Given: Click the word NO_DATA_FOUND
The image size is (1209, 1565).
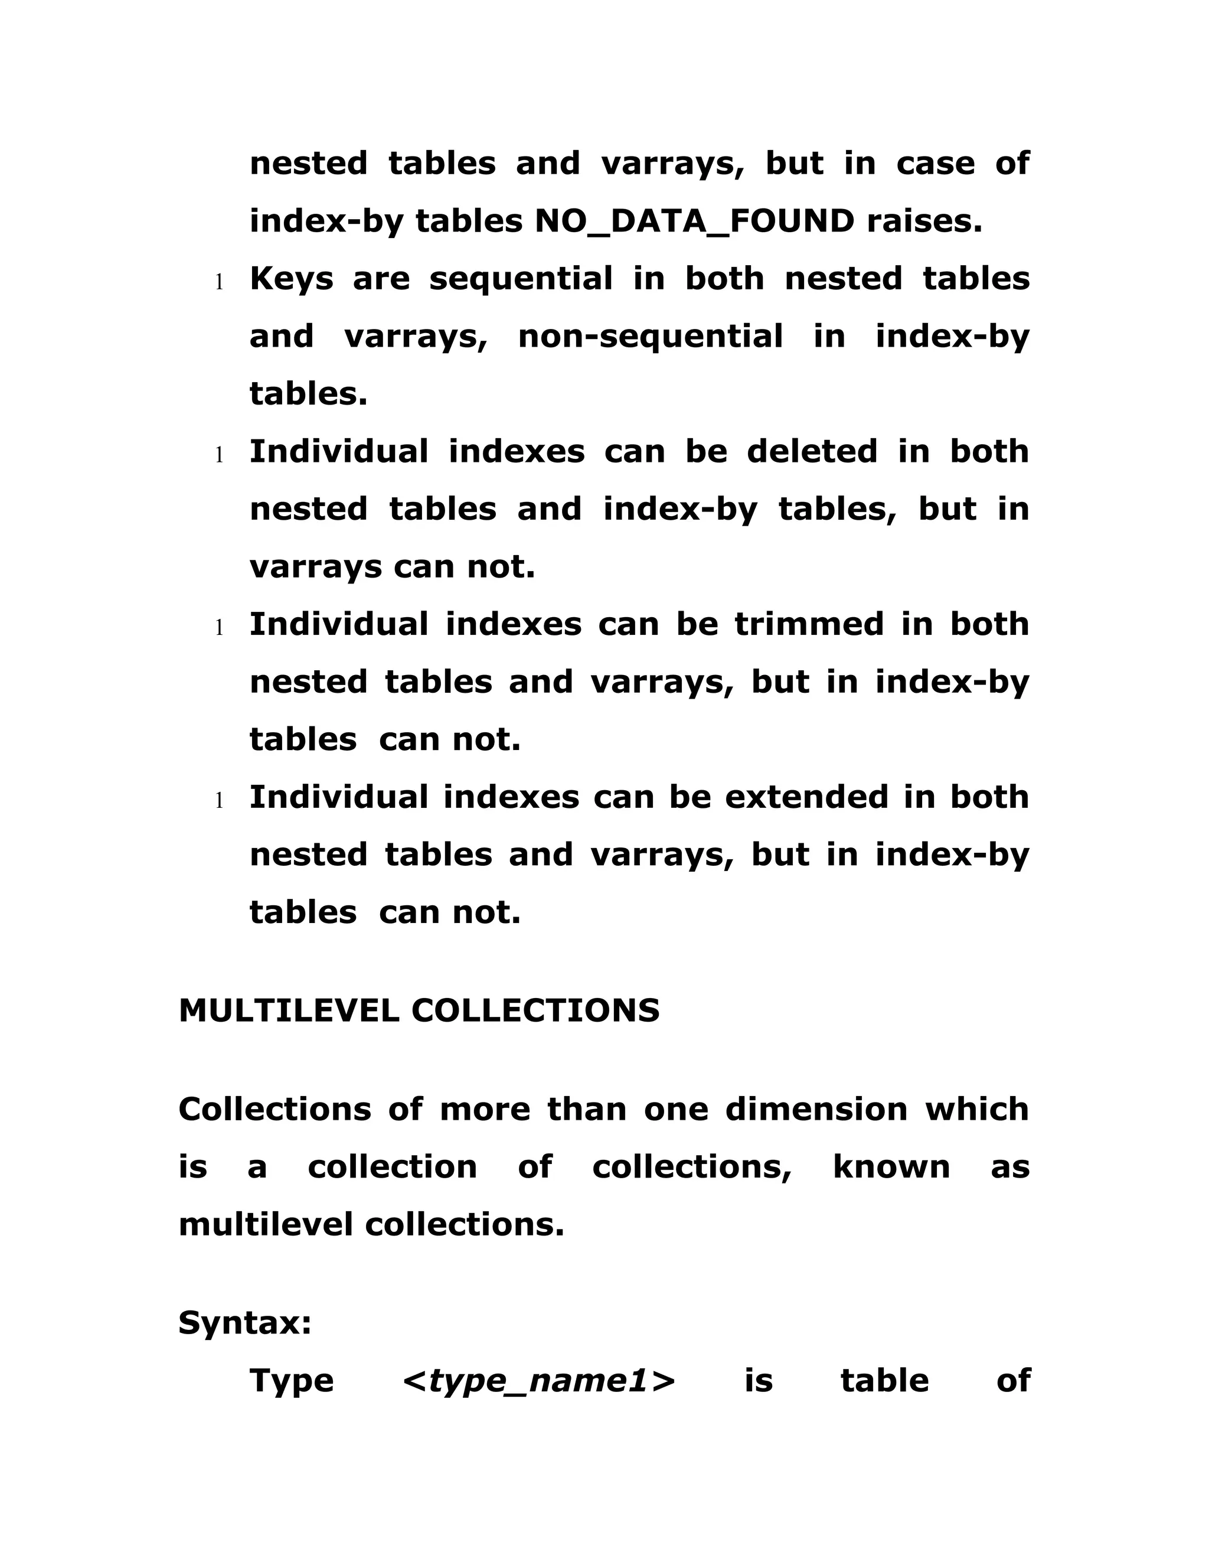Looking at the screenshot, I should pyautogui.click(x=694, y=221).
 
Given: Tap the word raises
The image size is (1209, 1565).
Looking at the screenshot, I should pyautogui.click(x=924, y=221).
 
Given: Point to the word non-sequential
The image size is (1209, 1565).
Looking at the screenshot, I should pyautogui.click(x=651, y=336).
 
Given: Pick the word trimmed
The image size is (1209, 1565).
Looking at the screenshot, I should pyautogui.click(x=809, y=624).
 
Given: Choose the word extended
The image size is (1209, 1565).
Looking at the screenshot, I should pyautogui.click(x=807, y=797).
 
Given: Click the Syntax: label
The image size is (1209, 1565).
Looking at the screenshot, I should pyautogui.click(x=245, y=1323).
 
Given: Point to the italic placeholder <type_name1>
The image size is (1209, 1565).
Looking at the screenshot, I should pyautogui.click(x=538, y=1381).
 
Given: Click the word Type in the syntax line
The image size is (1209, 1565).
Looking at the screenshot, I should pyautogui.click(x=292, y=1381).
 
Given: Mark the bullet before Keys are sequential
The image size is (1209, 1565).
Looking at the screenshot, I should pyautogui.click(x=220, y=282).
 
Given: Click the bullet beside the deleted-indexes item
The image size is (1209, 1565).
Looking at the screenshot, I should pyautogui.click(x=220, y=455).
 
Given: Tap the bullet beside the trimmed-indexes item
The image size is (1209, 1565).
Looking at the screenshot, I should pyautogui.click(x=220, y=628).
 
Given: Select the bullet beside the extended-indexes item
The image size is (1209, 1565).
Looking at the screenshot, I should pyautogui.click(x=220, y=800).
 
